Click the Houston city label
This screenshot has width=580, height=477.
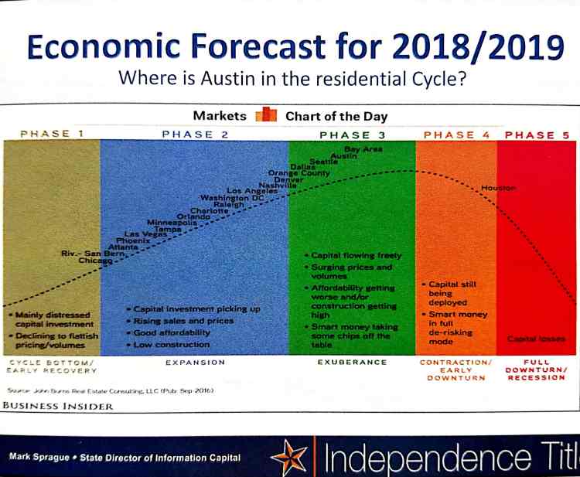(498, 188)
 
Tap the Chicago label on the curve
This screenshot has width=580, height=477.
(95, 261)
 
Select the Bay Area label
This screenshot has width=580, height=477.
(363, 148)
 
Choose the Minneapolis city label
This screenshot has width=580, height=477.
(172, 223)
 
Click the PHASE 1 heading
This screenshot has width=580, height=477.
(52, 134)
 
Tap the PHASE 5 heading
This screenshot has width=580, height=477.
(537, 135)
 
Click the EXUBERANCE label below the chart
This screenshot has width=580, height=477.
(351, 362)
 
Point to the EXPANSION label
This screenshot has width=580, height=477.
(193, 362)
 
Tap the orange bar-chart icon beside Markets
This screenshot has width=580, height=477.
(266, 117)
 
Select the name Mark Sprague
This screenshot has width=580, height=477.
(40, 457)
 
